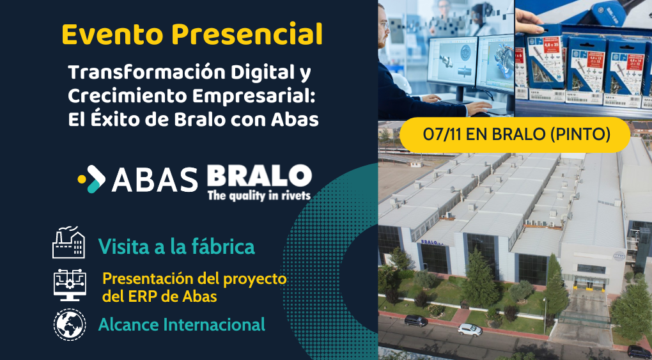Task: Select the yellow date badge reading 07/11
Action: click(x=515, y=135)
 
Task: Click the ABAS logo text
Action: click(x=155, y=180)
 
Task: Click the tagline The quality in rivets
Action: click(x=259, y=195)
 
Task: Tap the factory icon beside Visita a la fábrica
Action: click(x=68, y=243)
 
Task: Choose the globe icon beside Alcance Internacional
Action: click(x=68, y=324)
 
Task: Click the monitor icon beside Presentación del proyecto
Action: click(x=68, y=285)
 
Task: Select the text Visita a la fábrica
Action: click(x=176, y=246)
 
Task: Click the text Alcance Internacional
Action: click(x=182, y=324)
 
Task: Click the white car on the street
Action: click(x=470, y=329)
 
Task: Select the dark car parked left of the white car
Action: click(x=416, y=320)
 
